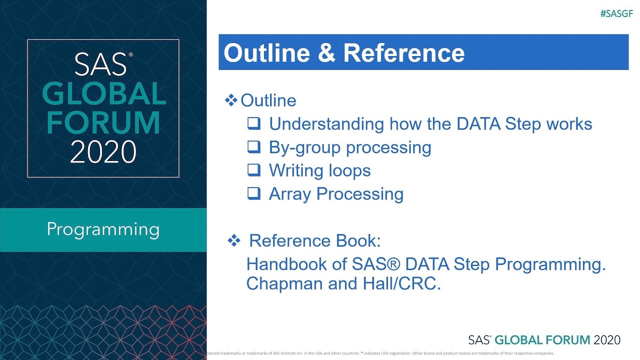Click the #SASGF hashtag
(x=616, y=14)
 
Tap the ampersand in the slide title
(x=326, y=53)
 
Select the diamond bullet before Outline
(x=231, y=100)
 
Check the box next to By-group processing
(x=254, y=147)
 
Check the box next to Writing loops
(x=254, y=170)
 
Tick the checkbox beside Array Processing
(x=254, y=193)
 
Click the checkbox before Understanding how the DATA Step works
(x=254, y=123)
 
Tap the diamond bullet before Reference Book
(x=233, y=240)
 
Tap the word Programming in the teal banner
(x=103, y=229)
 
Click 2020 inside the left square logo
(x=103, y=151)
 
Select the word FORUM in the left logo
(x=103, y=122)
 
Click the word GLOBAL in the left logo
(x=103, y=93)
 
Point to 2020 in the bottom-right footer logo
(x=606, y=340)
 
